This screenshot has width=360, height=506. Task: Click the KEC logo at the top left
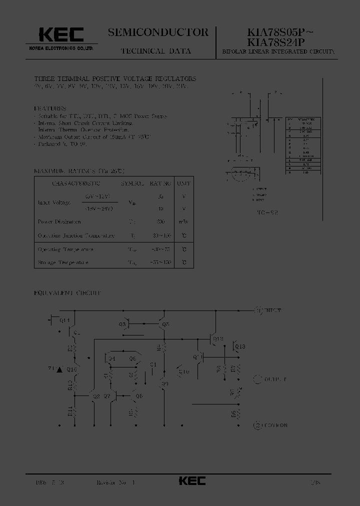click(x=61, y=34)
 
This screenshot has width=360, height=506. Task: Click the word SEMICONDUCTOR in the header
click(x=158, y=32)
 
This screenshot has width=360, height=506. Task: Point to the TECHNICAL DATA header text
click(x=155, y=51)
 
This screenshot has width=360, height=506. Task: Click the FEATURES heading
click(x=50, y=108)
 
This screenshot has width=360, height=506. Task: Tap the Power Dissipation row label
click(x=59, y=221)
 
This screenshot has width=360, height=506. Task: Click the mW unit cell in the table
click(x=184, y=221)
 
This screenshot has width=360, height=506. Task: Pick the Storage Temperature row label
click(x=63, y=262)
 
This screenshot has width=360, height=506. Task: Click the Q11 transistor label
click(x=65, y=320)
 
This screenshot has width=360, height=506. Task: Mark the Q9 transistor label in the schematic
click(x=165, y=383)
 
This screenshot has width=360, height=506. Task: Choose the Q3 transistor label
click(x=122, y=324)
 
